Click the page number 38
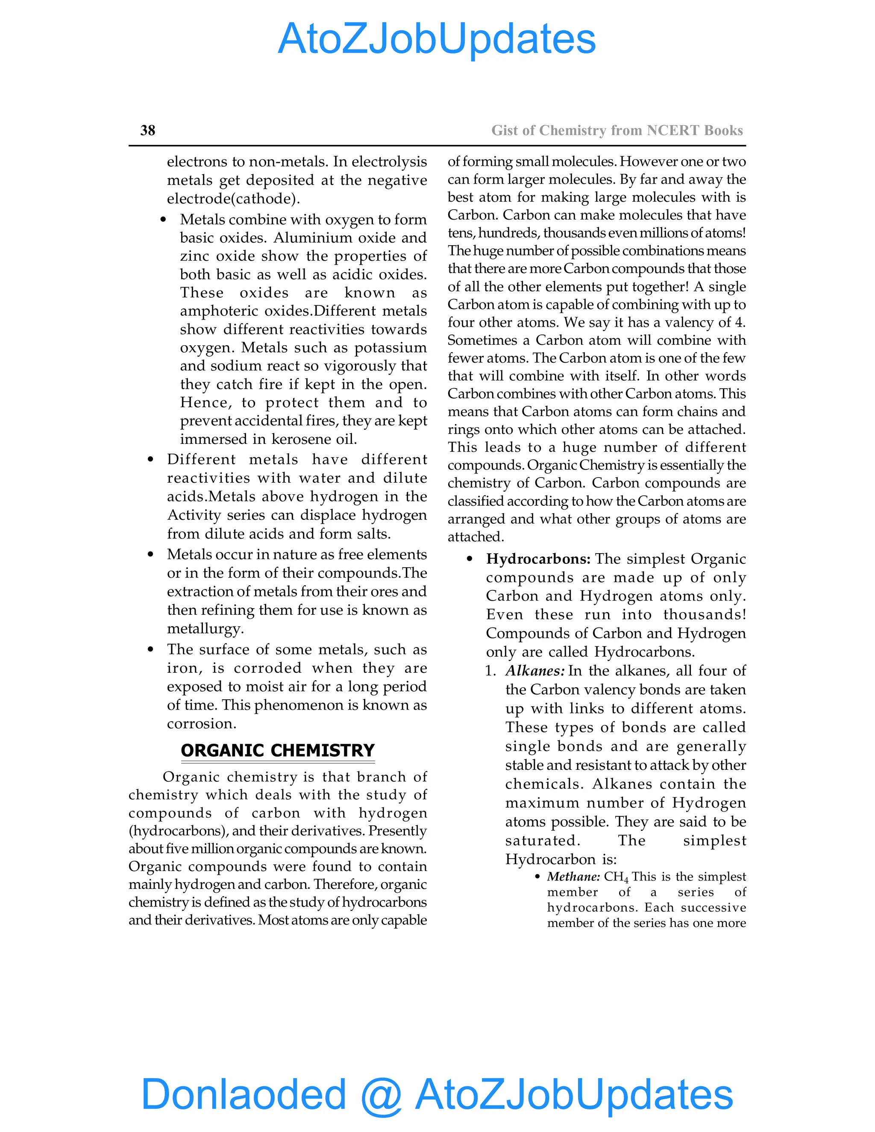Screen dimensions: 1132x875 pyautogui.click(x=148, y=130)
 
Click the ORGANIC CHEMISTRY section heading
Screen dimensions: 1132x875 pyautogui.click(x=277, y=751)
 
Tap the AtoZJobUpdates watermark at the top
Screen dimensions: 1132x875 pyautogui.click(x=437, y=39)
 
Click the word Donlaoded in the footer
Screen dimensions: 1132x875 pyautogui.click(x=243, y=1094)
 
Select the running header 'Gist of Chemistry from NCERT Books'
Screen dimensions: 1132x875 pyautogui.click(x=617, y=130)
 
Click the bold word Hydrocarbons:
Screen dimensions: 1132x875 pyautogui.click(x=538, y=559)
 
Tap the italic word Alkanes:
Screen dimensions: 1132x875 pyautogui.click(x=535, y=671)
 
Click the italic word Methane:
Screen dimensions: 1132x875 pyautogui.click(x=573, y=877)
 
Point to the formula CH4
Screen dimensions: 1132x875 pyautogui.click(x=616, y=877)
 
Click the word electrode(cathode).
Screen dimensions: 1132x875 pyautogui.click(x=233, y=199)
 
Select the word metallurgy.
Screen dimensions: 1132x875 pyautogui.click(x=205, y=629)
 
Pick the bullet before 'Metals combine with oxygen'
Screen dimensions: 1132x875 pyautogui.click(x=163, y=220)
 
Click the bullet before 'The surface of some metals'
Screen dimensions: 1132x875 pyautogui.click(x=150, y=649)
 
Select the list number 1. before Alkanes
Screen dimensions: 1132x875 pyautogui.click(x=490, y=671)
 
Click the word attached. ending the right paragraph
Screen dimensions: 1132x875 pyautogui.click(x=476, y=537)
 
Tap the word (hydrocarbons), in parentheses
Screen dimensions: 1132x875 pyautogui.click(x=178, y=831)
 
